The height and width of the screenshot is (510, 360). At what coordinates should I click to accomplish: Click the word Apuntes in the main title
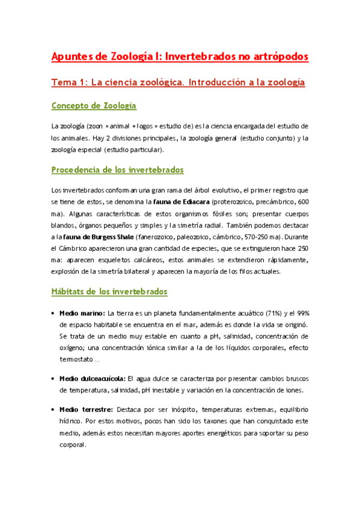72,57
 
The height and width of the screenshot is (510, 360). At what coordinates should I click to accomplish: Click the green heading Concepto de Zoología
94,106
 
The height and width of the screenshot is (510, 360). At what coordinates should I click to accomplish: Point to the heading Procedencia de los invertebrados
118,170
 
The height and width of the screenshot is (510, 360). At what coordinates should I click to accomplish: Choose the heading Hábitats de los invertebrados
109,292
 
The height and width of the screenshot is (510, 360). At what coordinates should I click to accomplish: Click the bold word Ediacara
182,201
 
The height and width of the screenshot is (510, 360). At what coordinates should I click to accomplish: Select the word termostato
76,359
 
